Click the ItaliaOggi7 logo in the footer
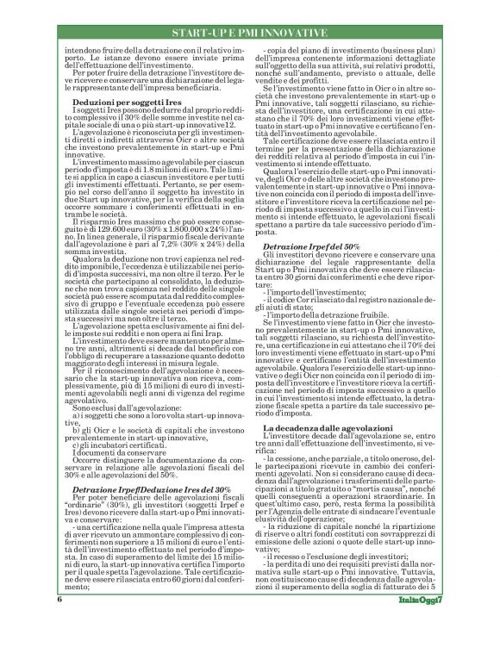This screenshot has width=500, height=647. tap(422, 623)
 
